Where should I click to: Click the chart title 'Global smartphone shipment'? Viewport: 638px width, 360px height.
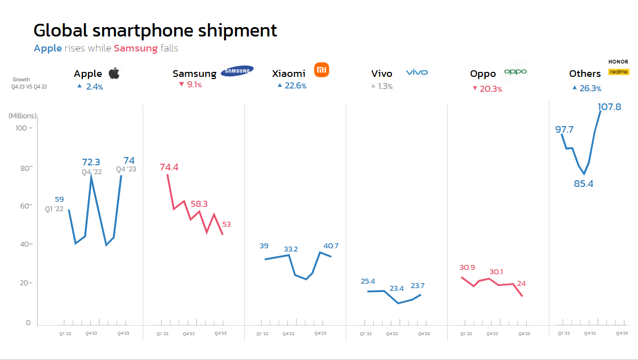155,30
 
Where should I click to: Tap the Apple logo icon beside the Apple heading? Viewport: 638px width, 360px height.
114,73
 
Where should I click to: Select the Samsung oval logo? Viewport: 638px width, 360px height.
237,71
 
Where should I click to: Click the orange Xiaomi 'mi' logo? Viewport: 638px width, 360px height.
321,70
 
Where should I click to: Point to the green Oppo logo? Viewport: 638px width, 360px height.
515,71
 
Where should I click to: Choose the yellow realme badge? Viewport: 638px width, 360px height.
619,72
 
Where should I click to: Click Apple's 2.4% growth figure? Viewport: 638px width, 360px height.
94,87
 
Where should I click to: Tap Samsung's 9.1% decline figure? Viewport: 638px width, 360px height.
194,85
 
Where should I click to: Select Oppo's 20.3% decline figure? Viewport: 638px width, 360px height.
491,89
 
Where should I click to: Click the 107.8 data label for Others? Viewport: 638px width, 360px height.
610,107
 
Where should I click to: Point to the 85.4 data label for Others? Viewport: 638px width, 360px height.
583,184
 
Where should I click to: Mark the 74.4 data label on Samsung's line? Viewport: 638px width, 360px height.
169,167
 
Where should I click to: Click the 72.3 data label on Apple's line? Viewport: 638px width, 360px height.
91,162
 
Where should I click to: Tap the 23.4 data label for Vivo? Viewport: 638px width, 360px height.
396,288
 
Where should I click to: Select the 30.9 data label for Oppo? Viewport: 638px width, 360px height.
467,268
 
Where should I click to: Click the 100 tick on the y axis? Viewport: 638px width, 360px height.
21,128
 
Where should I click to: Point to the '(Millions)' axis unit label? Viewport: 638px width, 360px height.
23,116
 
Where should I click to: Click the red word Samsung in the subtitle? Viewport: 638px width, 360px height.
136,48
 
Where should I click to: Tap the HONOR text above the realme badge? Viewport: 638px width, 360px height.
618,61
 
